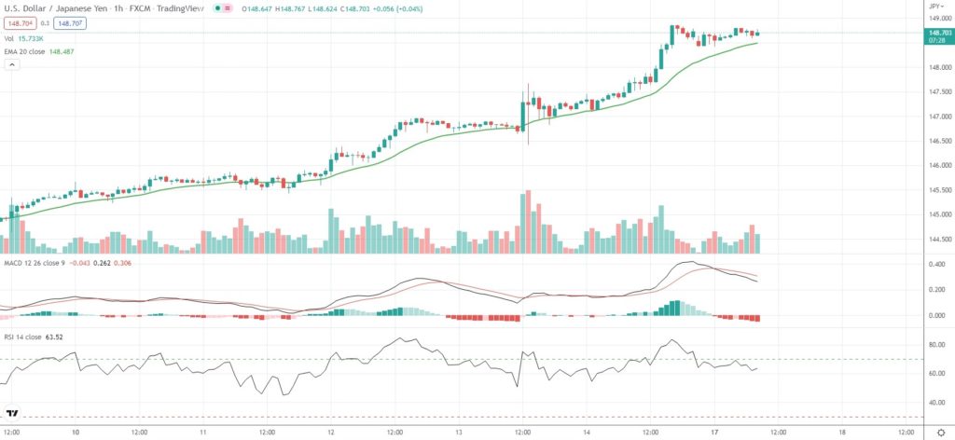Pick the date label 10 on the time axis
[76, 433]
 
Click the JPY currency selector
[935, 6]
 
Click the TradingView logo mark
[12, 413]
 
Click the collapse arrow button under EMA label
[12, 65]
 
